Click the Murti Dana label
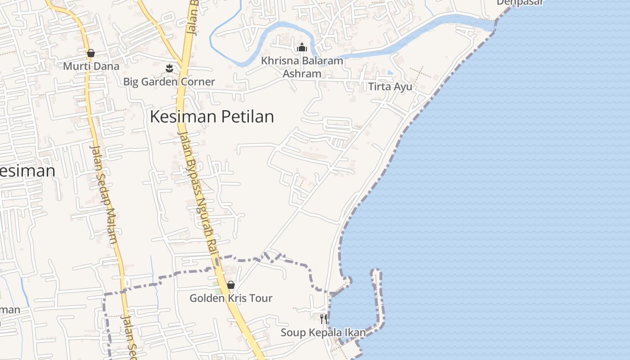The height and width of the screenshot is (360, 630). (91, 66)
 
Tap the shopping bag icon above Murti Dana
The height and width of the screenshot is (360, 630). (91, 53)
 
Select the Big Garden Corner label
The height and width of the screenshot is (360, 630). (169, 82)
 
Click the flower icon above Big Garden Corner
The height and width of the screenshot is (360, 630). (169, 68)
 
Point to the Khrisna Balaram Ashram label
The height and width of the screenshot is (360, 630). (302, 67)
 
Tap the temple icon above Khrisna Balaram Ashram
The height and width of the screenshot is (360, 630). (301, 47)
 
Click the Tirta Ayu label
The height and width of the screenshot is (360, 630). (390, 86)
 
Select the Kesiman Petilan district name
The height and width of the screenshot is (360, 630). (211, 117)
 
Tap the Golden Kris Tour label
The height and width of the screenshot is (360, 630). (231, 298)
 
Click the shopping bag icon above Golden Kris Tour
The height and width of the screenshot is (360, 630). (231, 285)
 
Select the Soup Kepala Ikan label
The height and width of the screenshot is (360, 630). (323, 333)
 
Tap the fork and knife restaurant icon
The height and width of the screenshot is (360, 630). (323, 319)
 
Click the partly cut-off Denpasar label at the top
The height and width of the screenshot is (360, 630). (520, 2)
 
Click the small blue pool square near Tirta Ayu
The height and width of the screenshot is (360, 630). (390, 72)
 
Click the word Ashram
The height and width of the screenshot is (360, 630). (302, 73)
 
